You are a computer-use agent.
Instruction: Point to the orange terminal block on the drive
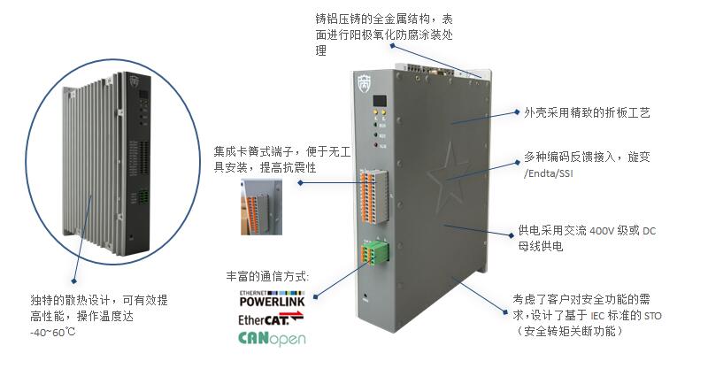pos(373,194)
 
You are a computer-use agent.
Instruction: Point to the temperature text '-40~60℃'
pos(52,333)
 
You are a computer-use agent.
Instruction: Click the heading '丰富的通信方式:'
pos(267,277)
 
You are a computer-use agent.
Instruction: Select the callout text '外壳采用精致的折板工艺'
pos(588,113)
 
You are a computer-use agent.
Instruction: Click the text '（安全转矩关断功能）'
pos(572,331)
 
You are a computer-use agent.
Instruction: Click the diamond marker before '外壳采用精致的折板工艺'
pos(517,113)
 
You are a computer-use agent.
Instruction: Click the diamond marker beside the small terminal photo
pos(300,182)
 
